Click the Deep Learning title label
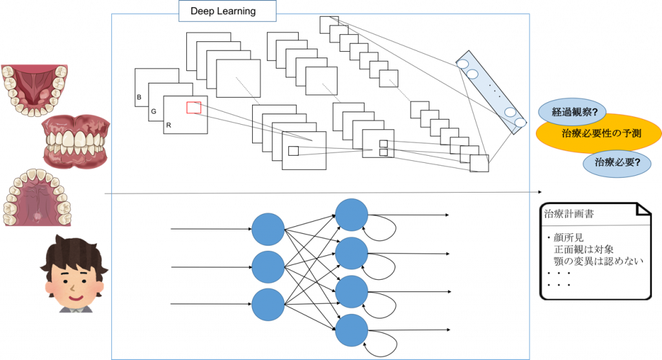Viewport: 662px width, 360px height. pos(222,11)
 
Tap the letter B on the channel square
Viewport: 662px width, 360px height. pos(139,98)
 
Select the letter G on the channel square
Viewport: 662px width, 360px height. pos(153,112)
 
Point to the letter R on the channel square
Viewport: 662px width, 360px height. pos(168,125)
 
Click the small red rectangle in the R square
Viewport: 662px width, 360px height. pos(194,107)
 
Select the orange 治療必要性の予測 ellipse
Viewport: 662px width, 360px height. pos(598,134)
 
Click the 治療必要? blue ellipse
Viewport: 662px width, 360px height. pos(615,163)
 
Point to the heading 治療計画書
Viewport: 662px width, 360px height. pos(568,212)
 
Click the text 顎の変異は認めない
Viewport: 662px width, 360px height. pos(601,260)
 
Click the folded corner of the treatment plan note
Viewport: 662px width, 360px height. pos(643,209)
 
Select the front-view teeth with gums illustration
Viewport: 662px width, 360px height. pos(74,143)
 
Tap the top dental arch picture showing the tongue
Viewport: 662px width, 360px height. pos(34,90)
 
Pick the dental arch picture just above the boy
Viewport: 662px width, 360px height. pos(37,197)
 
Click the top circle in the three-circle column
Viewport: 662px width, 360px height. pos(268,229)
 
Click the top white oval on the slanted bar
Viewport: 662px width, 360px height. pos(464,64)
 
